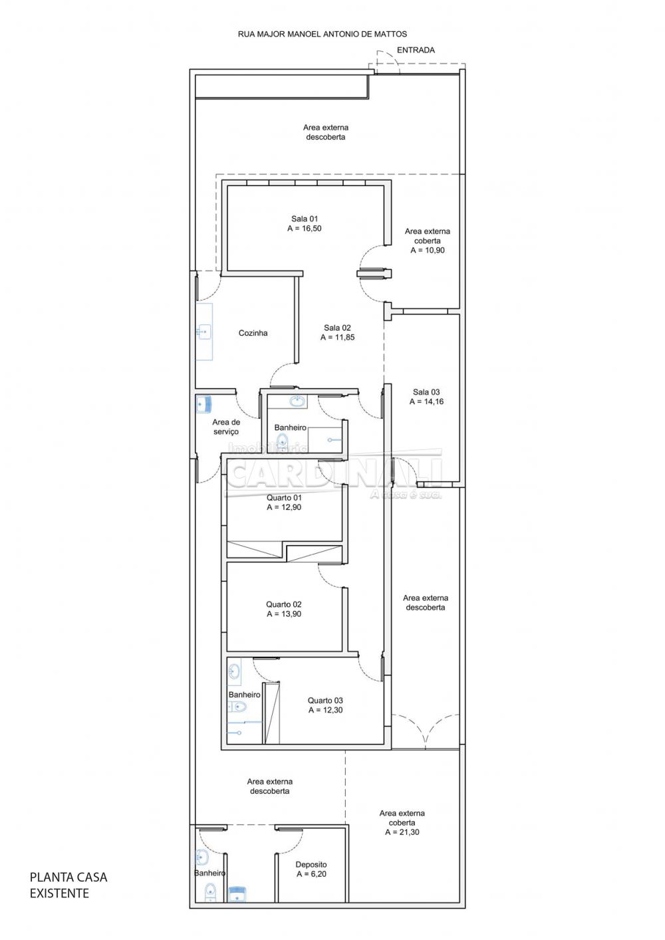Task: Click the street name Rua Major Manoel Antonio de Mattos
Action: [x=322, y=35]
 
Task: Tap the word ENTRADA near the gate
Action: [x=416, y=50]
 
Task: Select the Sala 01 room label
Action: [x=305, y=219]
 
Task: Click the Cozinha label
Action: [x=253, y=333]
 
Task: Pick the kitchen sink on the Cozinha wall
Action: [x=204, y=332]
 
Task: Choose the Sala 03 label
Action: [x=426, y=392]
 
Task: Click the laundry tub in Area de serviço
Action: [x=204, y=404]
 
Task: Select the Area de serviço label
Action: [x=226, y=427]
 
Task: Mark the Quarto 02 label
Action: [x=283, y=604]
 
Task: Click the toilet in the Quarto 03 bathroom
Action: [x=237, y=707]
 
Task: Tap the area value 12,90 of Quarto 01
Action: [x=289, y=507]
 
